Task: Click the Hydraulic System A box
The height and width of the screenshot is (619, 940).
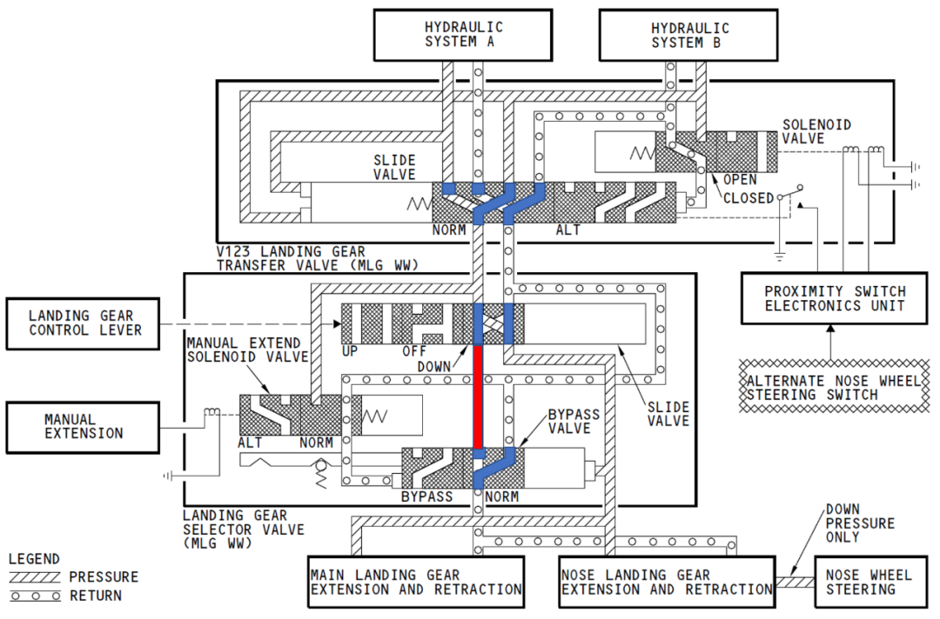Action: click(463, 35)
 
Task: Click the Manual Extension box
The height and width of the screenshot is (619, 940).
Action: click(84, 427)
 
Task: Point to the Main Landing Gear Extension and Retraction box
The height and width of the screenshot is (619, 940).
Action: click(416, 582)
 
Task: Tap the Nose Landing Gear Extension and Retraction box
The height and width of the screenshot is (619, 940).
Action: click(667, 582)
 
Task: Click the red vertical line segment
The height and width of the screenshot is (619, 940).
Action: click(478, 396)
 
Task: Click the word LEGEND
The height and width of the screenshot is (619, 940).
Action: click(34, 559)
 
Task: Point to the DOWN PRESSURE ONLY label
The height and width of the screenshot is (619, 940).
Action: click(860, 523)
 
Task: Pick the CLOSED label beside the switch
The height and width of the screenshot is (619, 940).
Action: click(748, 197)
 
